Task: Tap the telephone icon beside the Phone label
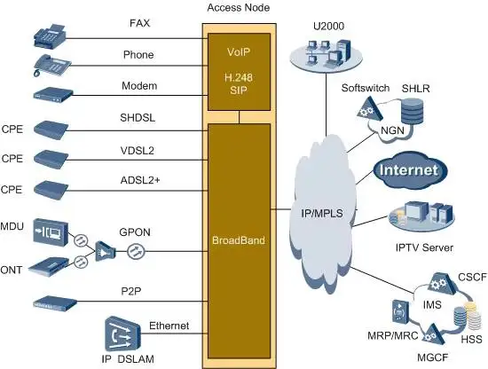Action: coord(51,64)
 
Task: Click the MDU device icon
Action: coord(52,230)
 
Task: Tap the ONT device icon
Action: coord(51,264)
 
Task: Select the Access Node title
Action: coord(238,8)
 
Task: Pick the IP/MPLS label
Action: coord(317,213)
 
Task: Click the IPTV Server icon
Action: coord(410,216)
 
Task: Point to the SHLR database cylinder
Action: coord(412,112)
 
